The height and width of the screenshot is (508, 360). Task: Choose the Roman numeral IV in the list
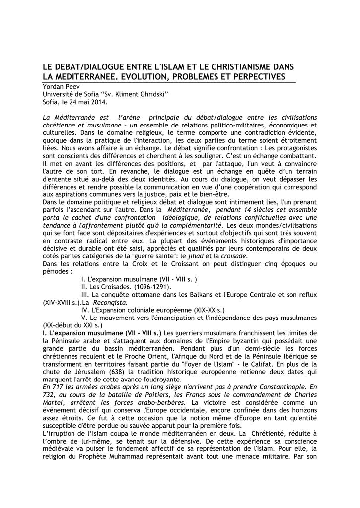[85, 310]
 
